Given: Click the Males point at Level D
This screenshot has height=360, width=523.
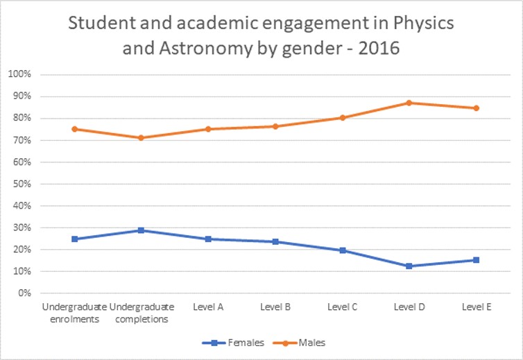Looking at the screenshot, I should pyautogui.click(x=409, y=103).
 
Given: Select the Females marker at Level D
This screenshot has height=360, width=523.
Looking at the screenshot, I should pyautogui.click(x=409, y=266).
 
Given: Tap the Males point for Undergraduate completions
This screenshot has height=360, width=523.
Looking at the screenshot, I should pyautogui.click(x=141, y=137).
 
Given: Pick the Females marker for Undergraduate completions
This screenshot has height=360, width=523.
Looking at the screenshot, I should pyautogui.click(x=141, y=230).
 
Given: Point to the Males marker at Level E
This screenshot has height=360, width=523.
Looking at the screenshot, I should pyautogui.click(x=476, y=108).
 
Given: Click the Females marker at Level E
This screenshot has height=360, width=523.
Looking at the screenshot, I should pyautogui.click(x=476, y=260).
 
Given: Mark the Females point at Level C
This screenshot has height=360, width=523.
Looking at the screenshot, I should pyautogui.click(x=342, y=250).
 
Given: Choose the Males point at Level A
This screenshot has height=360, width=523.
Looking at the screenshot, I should pyautogui.click(x=208, y=129).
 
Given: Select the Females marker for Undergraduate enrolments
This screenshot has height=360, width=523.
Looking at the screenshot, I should pyautogui.click(x=74, y=239).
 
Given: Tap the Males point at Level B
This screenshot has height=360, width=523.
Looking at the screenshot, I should pyautogui.click(x=275, y=126).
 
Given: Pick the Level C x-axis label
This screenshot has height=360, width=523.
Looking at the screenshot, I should pyautogui.click(x=342, y=307).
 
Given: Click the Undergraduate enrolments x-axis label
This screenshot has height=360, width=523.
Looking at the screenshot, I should pyautogui.click(x=74, y=311).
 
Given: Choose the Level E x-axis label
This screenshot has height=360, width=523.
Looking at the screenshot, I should pyautogui.click(x=476, y=307).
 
